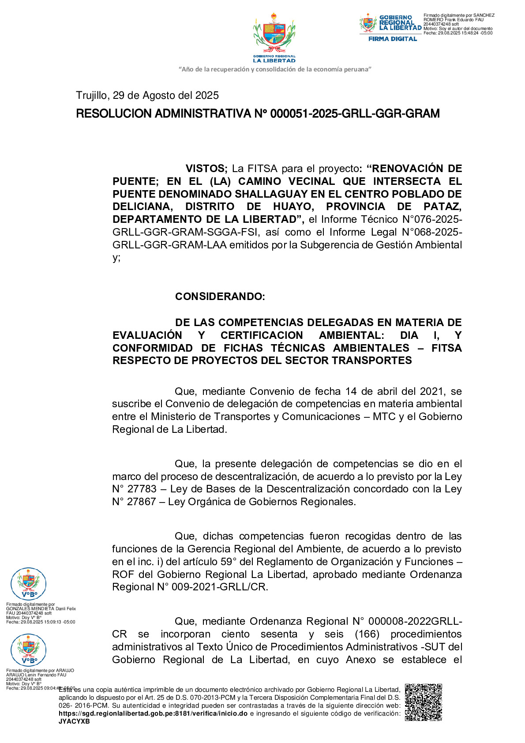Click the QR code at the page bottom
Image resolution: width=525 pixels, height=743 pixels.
[423, 702]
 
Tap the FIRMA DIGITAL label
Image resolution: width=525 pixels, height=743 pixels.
[392, 39]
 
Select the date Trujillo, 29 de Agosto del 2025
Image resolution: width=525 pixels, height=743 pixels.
[147, 96]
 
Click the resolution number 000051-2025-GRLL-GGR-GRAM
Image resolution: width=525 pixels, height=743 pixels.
[355, 114]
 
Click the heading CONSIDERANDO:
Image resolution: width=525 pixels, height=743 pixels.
[220, 296]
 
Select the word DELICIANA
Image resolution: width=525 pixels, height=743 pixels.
[142, 207]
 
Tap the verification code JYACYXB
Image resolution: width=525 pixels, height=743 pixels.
[74, 721]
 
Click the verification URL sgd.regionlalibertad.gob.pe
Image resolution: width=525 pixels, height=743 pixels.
[153, 713]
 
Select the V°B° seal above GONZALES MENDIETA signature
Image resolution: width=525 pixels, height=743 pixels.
[28, 584]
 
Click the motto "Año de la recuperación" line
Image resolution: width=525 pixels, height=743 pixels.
[274, 69]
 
